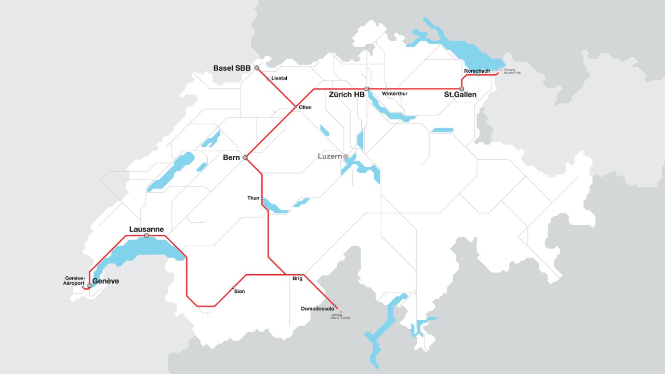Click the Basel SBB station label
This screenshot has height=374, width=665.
tap(232, 68)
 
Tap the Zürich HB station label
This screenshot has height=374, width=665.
tap(347, 95)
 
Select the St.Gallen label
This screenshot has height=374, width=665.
tap(460, 95)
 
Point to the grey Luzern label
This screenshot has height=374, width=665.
tap(330, 156)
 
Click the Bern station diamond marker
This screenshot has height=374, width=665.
tap(245, 157)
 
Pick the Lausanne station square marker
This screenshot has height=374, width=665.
tap(147, 236)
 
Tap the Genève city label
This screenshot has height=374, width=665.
tap(105, 281)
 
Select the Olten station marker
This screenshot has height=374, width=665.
tap(296, 107)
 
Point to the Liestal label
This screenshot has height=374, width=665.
tap(279, 78)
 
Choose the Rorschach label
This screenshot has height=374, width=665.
tap(477, 71)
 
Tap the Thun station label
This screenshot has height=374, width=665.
tap(253, 198)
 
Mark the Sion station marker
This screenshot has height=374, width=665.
tap(233, 287)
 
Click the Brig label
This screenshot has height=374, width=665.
tap(297, 279)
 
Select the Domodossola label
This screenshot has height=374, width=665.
tap(317, 309)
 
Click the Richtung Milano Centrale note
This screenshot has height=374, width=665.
tap(340, 316)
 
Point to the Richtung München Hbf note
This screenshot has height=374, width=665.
tap(512, 71)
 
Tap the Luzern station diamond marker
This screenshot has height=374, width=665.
tap(345, 156)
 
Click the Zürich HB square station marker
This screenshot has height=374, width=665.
tap(367, 89)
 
